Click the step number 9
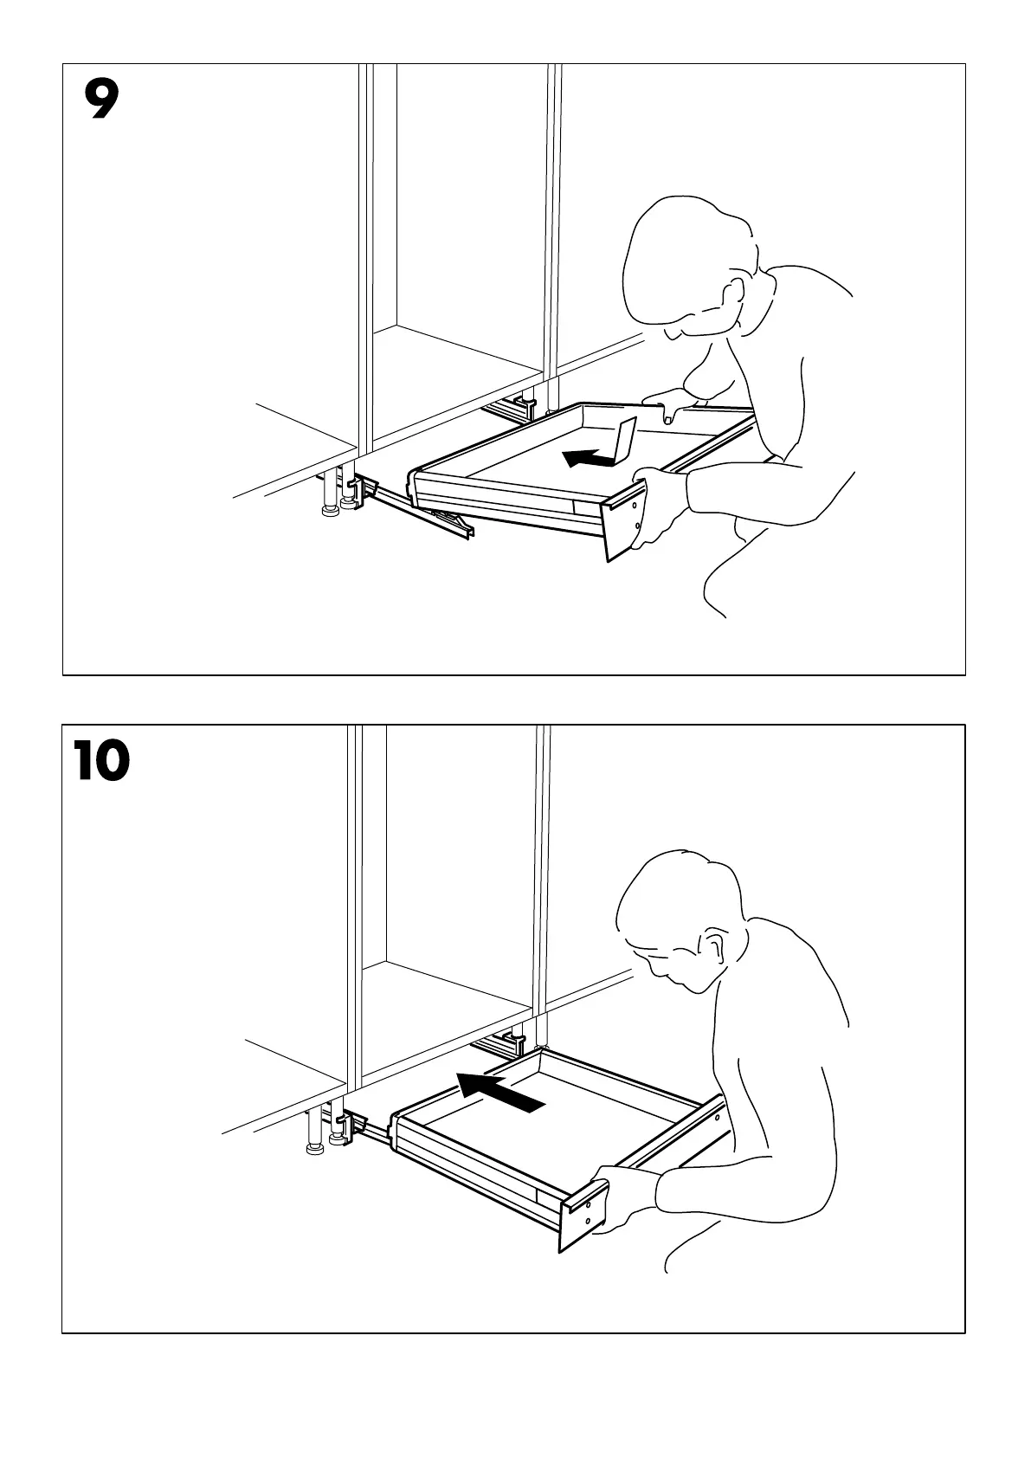point(101,100)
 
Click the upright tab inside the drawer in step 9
point(624,441)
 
